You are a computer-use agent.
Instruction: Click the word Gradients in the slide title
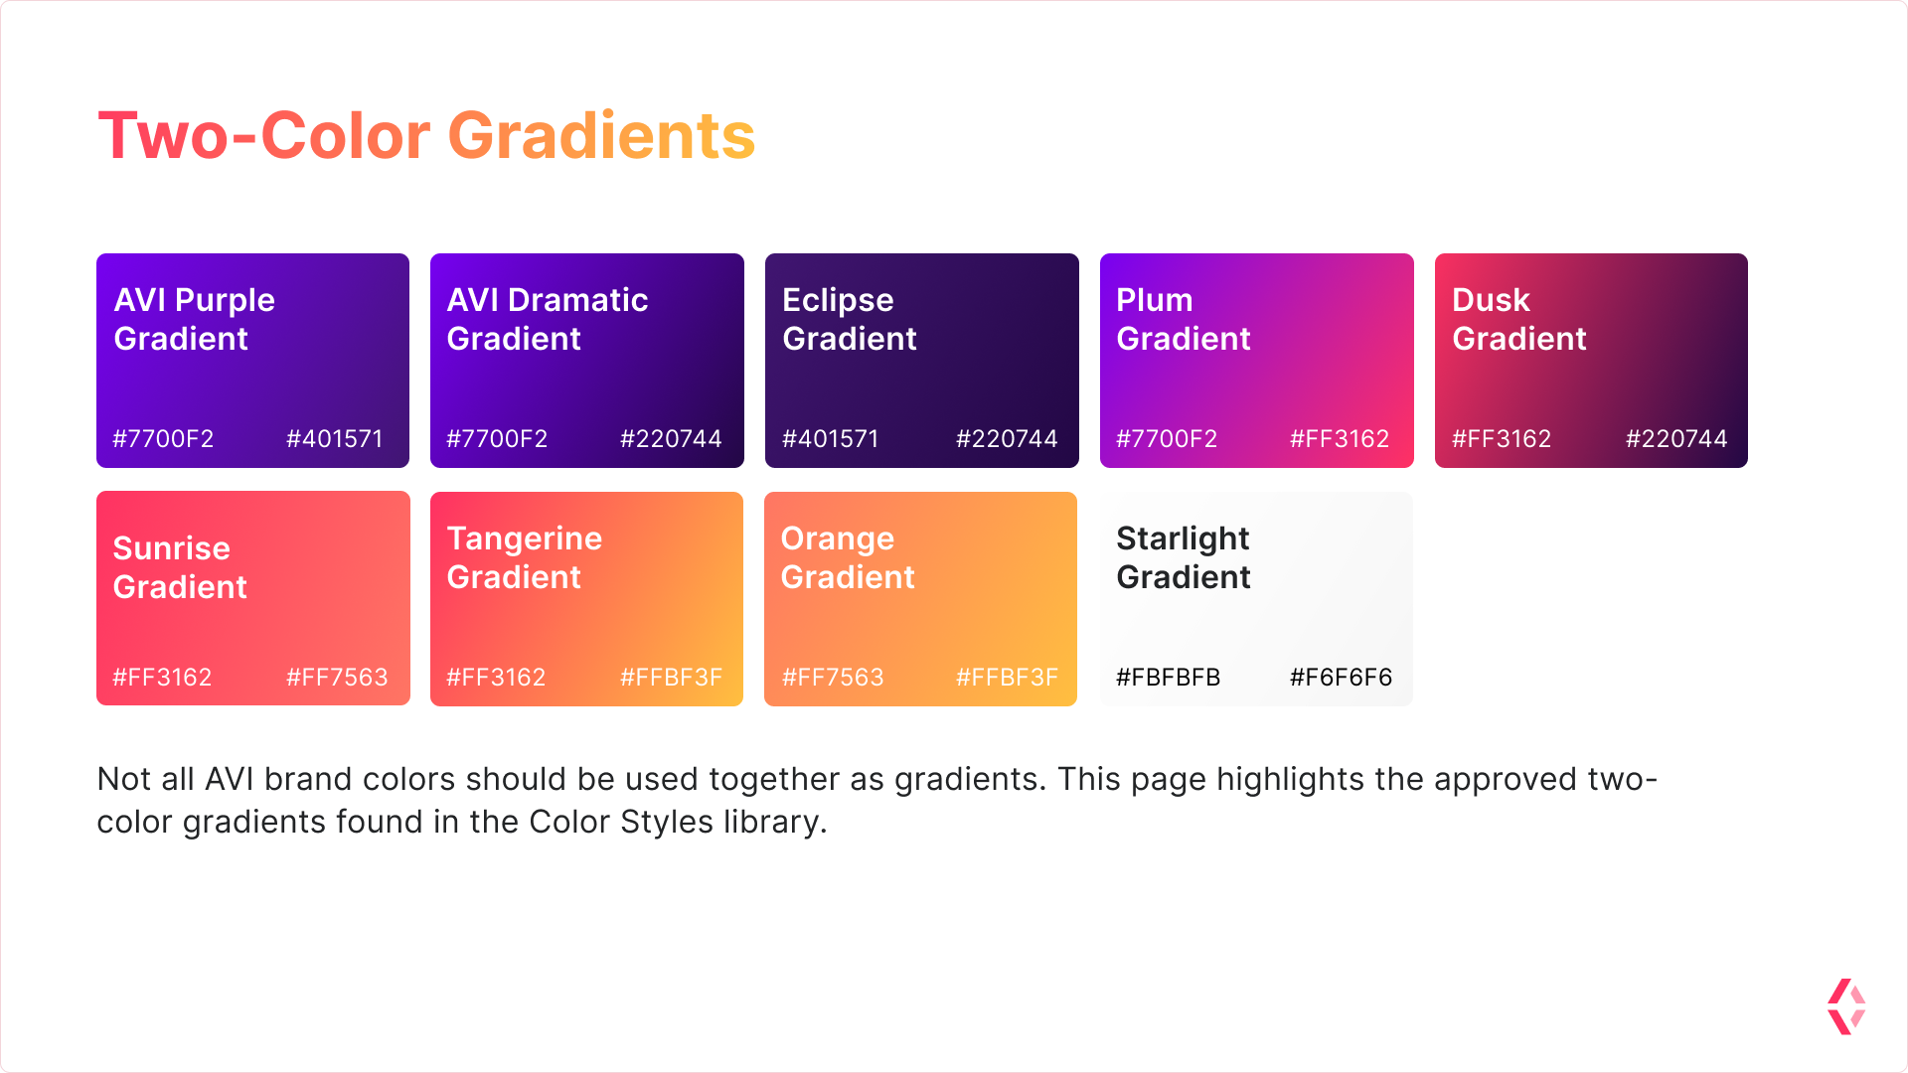coord(601,136)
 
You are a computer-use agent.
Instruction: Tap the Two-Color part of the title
coord(263,136)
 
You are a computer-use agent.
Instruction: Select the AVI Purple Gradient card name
coord(195,319)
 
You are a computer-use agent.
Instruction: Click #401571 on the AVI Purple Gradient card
coord(335,439)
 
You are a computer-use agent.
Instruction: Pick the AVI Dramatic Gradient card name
coord(548,319)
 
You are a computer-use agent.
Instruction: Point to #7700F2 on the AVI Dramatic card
coord(497,439)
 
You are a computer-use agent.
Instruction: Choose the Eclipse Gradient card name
coord(850,319)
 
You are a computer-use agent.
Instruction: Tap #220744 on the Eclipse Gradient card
coord(1007,439)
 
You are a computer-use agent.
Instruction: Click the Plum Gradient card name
coord(1184,319)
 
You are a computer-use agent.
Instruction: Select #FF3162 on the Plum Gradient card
coord(1340,439)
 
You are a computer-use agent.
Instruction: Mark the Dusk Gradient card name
coord(1519,319)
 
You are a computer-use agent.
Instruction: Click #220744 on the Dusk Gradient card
coord(1676,439)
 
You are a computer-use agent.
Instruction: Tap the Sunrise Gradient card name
coord(180,567)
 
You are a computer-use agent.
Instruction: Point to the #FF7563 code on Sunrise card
coord(337,678)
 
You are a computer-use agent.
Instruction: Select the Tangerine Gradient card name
coord(525,557)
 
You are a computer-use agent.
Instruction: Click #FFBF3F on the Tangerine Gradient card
coord(671,678)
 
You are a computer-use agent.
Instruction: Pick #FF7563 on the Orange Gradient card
coord(833,678)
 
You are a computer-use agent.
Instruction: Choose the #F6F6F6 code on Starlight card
coord(1341,678)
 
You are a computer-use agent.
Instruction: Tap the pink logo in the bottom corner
coord(1846,1006)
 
